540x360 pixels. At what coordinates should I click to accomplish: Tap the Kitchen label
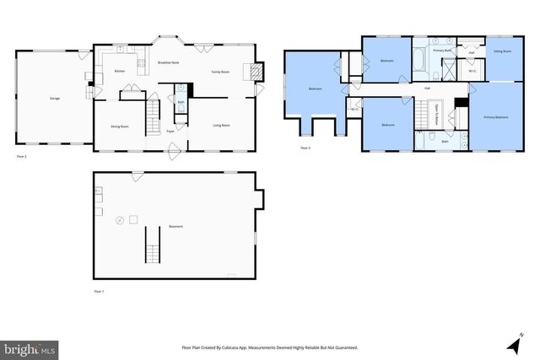[119, 71]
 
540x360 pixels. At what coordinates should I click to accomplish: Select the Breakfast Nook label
[167, 63]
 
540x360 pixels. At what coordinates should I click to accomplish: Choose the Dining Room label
[119, 126]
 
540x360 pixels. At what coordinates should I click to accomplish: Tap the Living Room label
[221, 126]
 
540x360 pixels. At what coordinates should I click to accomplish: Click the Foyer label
[170, 132]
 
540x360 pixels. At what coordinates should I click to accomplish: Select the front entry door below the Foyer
[175, 152]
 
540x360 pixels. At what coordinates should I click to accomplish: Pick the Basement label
[175, 226]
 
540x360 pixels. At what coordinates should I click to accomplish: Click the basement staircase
[153, 244]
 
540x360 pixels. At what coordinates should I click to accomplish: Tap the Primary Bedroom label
[495, 117]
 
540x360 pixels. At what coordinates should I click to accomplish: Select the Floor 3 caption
[305, 148]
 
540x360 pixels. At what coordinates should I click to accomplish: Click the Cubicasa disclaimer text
[269, 347]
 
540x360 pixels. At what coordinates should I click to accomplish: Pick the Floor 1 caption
[99, 291]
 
